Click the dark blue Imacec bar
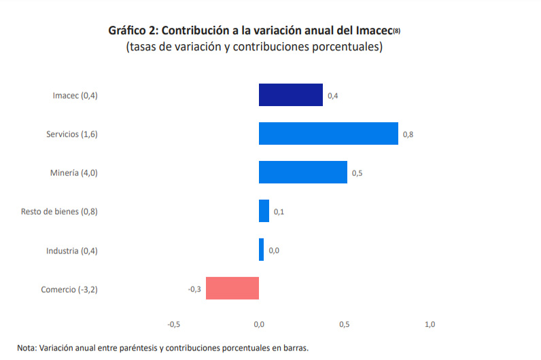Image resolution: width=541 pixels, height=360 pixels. [290, 95]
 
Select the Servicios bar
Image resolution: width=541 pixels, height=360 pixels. [328, 134]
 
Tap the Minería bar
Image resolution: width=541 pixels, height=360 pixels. [303, 173]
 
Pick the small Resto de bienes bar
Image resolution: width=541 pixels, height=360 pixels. [264, 211]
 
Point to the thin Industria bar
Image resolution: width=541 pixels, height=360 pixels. [261, 250]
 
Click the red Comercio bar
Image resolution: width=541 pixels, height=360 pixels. [232, 289]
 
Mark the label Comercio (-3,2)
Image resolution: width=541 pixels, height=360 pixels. [69, 289]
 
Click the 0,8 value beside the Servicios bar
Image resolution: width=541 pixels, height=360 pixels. [408, 134]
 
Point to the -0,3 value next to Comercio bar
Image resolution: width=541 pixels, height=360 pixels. [194, 289]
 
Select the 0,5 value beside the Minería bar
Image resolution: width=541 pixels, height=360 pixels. [357, 173]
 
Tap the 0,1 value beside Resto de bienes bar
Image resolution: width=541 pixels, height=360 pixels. [279, 212]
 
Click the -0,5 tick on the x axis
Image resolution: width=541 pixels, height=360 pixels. [173, 324]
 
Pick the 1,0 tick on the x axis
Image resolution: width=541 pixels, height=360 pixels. [430, 324]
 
